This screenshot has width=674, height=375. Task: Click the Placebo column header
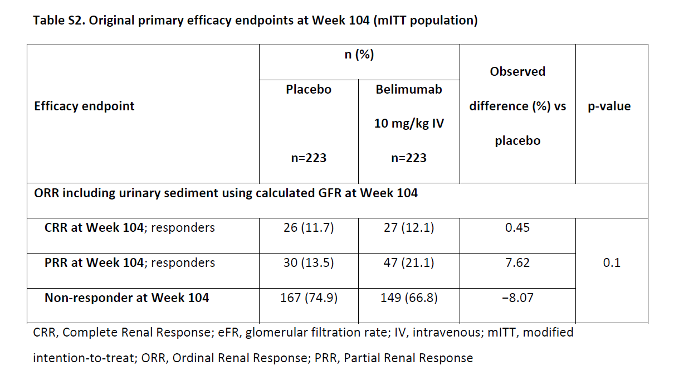pyautogui.click(x=308, y=89)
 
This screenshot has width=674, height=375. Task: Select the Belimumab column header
pyautogui.click(x=409, y=89)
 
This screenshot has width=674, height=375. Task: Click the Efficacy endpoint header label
pyautogui.click(x=84, y=106)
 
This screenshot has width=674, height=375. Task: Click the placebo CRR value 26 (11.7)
pyautogui.click(x=308, y=228)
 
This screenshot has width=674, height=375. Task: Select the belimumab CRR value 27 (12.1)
pyautogui.click(x=409, y=228)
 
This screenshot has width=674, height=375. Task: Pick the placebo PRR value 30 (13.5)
pyautogui.click(x=308, y=263)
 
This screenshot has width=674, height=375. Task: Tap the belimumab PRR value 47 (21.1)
pyautogui.click(x=409, y=263)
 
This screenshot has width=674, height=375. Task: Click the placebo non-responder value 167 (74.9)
pyautogui.click(x=308, y=298)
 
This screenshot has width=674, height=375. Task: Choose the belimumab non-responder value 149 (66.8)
pyautogui.click(x=409, y=298)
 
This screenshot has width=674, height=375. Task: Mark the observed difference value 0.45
pyautogui.click(x=517, y=228)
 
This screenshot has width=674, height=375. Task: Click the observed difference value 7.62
pyautogui.click(x=517, y=263)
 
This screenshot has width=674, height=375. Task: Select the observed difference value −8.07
pyautogui.click(x=517, y=298)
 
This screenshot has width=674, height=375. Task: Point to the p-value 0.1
pyautogui.click(x=611, y=263)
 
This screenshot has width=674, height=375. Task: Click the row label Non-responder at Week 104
pyautogui.click(x=126, y=298)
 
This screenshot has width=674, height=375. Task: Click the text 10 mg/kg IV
pyautogui.click(x=409, y=124)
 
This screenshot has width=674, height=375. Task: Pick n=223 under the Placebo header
pyautogui.click(x=308, y=158)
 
